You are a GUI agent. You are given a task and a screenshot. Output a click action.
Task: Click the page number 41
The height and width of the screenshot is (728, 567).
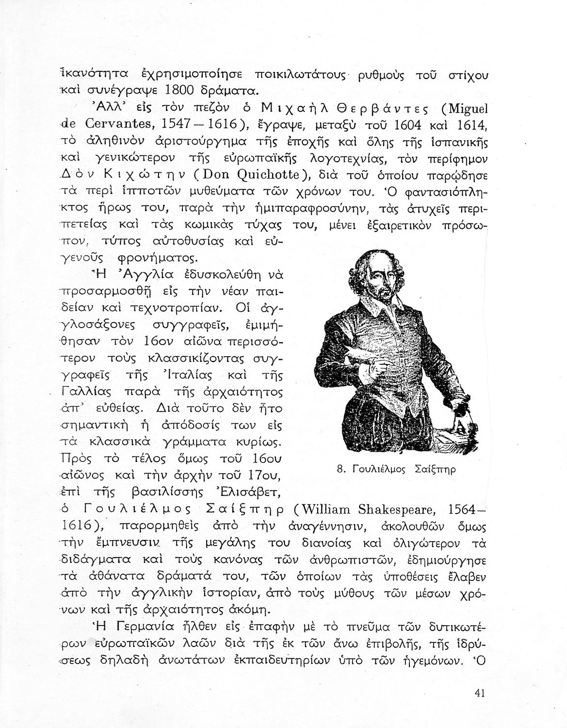[481, 693]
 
